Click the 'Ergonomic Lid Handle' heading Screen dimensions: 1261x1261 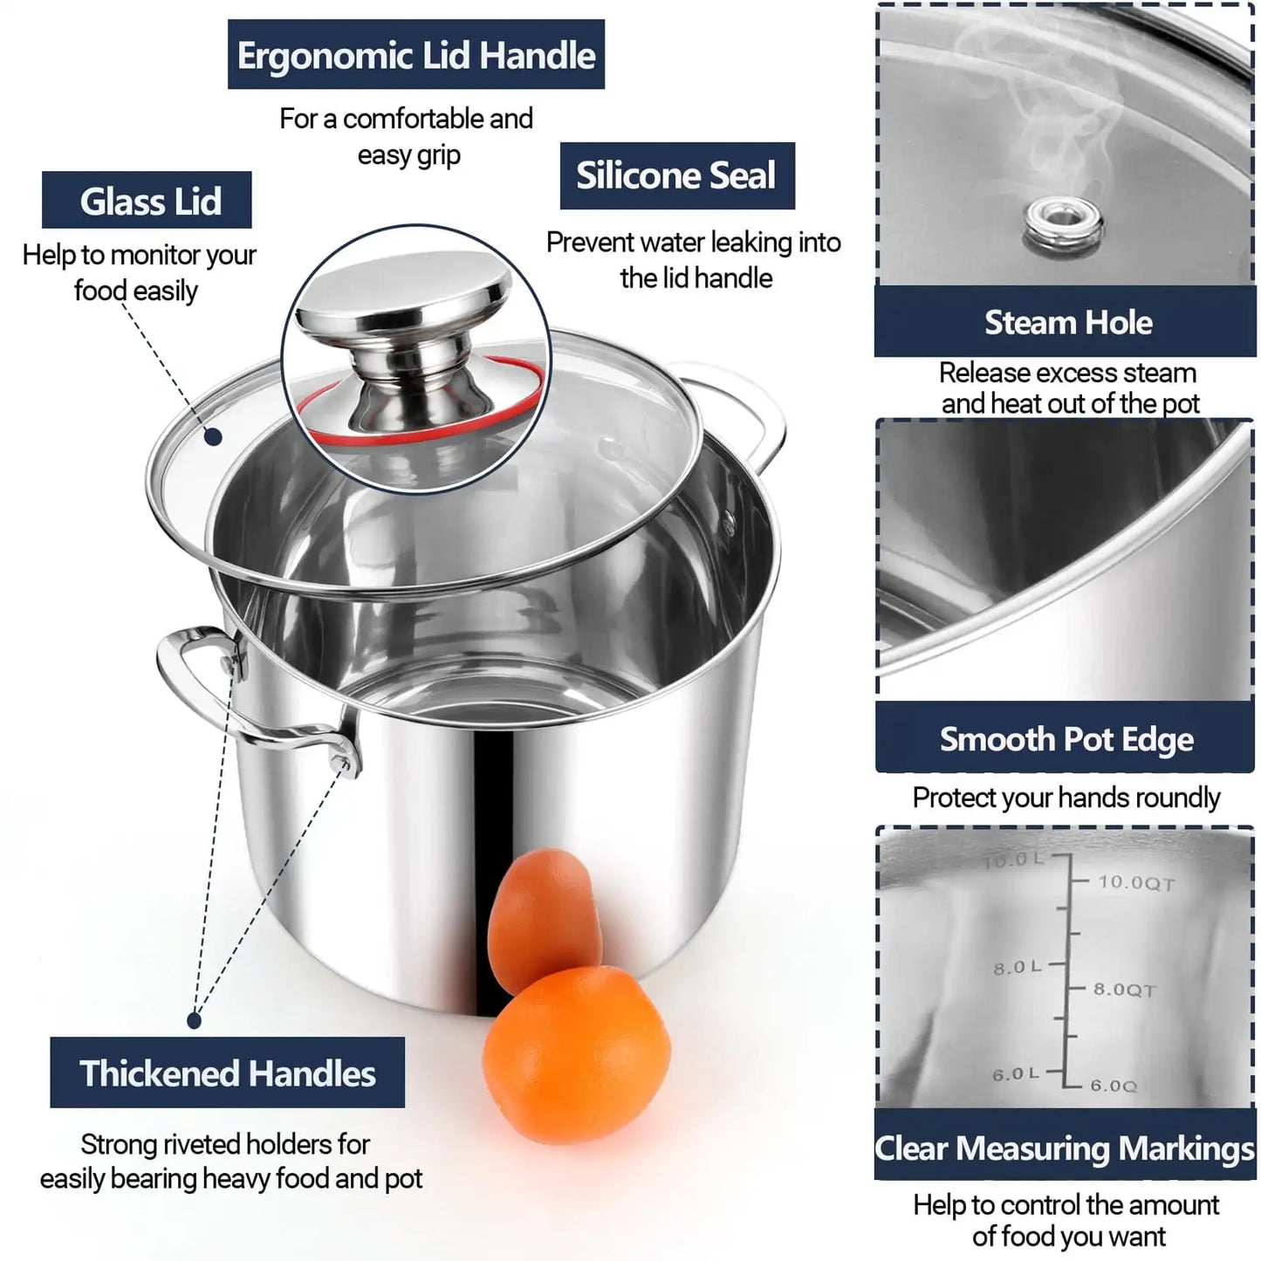pyautogui.click(x=415, y=55)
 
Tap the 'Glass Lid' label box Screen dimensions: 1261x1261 pyautogui.click(x=147, y=201)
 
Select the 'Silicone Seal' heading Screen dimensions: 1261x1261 pyautogui.click(x=676, y=175)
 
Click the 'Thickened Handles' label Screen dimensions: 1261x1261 pyautogui.click(x=227, y=1073)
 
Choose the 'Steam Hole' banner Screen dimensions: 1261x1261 pyautogui.click(x=1066, y=322)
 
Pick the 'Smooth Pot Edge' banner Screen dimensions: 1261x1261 pyautogui.click(x=1066, y=739)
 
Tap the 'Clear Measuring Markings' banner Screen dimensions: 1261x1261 pyautogui.click(x=1065, y=1147)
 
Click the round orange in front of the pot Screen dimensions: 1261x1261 pyautogui.click(x=576, y=1044)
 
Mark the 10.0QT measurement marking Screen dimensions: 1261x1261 pyautogui.click(x=1135, y=882)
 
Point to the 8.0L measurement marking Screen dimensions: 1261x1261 pyautogui.click(x=1017, y=967)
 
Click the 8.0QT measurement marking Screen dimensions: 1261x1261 pyautogui.click(x=1124, y=989)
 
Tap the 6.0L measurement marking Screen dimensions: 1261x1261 pyautogui.click(x=1015, y=1074)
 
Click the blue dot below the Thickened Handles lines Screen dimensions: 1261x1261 pyautogui.click(x=195, y=1019)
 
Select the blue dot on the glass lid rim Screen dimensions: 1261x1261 pyautogui.click(x=213, y=436)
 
